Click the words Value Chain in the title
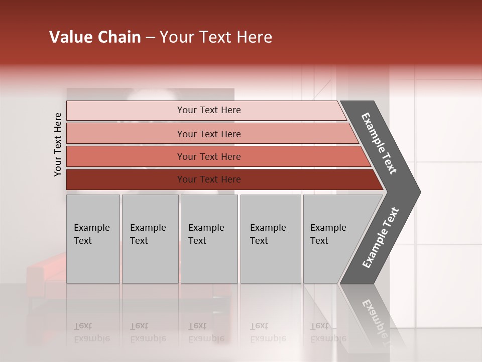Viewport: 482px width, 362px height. pos(95,37)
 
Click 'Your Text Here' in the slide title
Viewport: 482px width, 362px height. pos(216,37)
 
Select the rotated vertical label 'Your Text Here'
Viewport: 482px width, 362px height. pos(58,145)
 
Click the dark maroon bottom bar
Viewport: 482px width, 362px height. pos(126,179)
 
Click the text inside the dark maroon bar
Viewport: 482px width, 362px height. pos(209,179)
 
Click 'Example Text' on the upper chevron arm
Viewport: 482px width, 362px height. pos(379,143)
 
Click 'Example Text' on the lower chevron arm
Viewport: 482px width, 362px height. pos(380,237)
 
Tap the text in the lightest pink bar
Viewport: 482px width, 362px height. pos(209,110)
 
